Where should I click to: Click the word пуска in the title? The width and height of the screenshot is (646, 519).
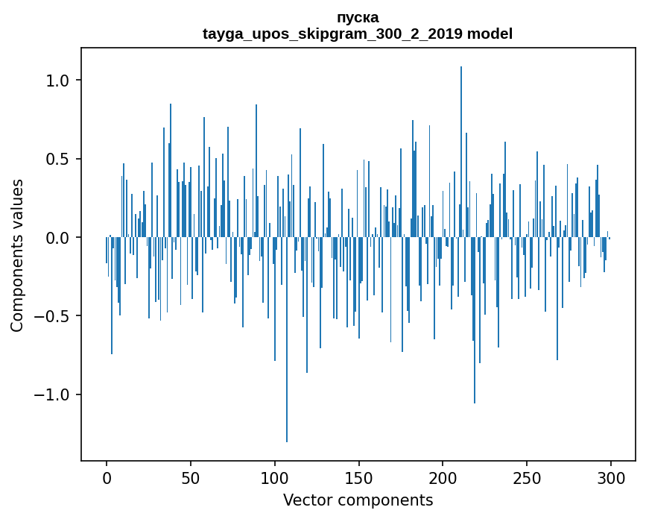(x=358, y=17)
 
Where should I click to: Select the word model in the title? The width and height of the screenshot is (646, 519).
(x=490, y=34)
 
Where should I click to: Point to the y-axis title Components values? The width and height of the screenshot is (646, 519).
(x=17, y=255)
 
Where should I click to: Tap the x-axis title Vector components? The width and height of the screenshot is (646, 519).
(x=358, y=500)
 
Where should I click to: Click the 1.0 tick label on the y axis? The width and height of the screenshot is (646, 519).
(x=58, y=81)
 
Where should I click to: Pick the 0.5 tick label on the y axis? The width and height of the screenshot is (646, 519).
(x=58, y=159)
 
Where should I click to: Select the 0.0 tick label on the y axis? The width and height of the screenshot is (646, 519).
(x=58, y=238)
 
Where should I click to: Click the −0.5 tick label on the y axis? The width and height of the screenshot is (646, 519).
(x=52, y=316)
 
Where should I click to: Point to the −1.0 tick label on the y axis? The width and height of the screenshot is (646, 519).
(x=52, y=394)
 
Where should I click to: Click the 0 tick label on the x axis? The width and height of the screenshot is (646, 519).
(x=107, y=477)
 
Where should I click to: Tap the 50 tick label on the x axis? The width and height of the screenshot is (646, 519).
(x=191, y=477)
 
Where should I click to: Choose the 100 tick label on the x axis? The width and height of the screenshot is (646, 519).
(x=275, y=477)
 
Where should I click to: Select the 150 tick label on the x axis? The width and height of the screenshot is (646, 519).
(x=359, y=477)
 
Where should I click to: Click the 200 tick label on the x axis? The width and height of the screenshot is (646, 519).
(x=443, y=477)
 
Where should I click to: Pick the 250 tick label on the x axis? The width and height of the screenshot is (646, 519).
(x=527, y=477)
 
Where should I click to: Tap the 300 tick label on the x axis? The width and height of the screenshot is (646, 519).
(x=611, y=477)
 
